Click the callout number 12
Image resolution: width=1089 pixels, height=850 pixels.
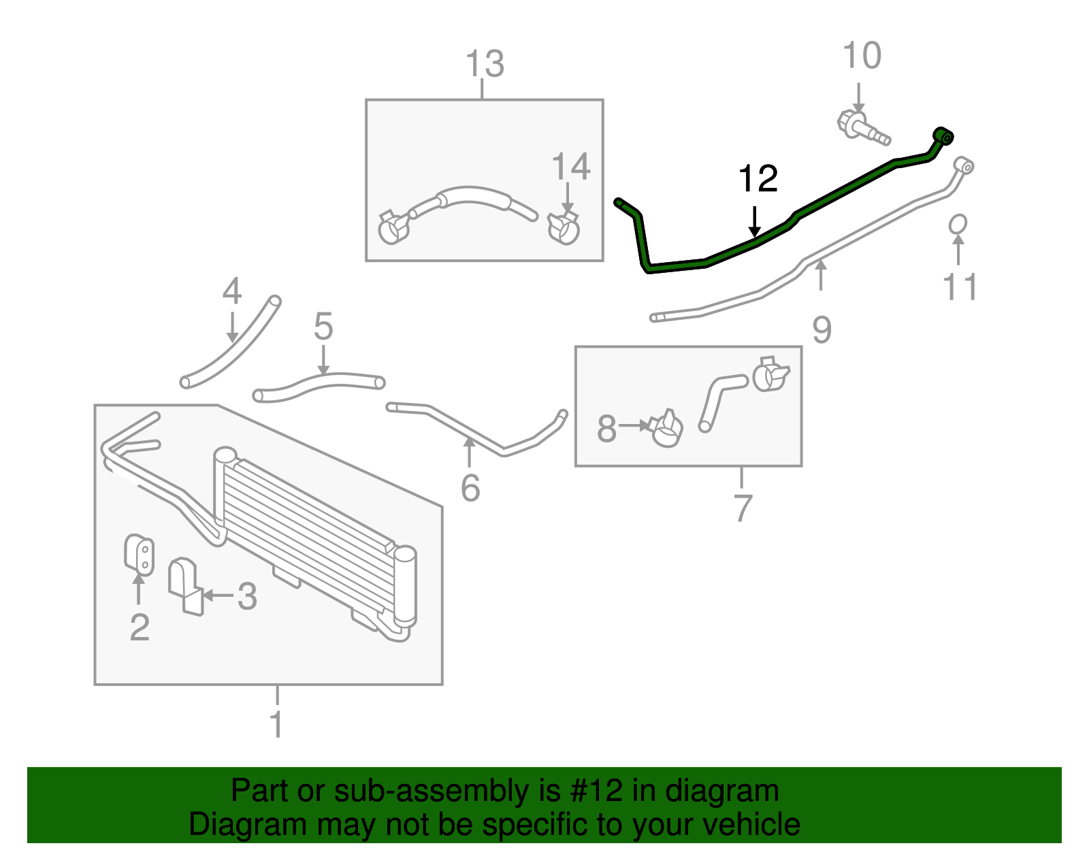click(x=758, y=179)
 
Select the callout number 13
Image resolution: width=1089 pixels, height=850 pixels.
click(x=485, y=65)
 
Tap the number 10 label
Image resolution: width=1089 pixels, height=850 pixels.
click(x=862, y=56)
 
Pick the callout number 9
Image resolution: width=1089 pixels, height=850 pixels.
click(x=822, y=330)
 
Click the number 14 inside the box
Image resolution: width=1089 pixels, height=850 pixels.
click(x=570, y=167)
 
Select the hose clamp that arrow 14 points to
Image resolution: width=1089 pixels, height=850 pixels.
click(x=564, y=227)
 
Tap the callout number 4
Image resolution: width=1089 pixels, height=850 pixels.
click(x=232, y=292)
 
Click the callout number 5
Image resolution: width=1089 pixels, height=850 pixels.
click(x=323, y=327)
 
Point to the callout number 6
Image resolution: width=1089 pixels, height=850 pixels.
click(x=470, y=489)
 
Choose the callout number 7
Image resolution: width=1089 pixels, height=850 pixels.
click(x=743, y=508)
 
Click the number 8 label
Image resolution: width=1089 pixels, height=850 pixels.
click(x=606, y=429)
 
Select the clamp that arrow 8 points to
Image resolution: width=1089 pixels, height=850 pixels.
click(x=666, y=429)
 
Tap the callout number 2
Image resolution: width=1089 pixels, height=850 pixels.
click(x=140, y=627)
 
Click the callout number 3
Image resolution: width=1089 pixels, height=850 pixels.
click(x=246, y=597)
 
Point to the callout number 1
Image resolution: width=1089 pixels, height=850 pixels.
click(x=276, y=724)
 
